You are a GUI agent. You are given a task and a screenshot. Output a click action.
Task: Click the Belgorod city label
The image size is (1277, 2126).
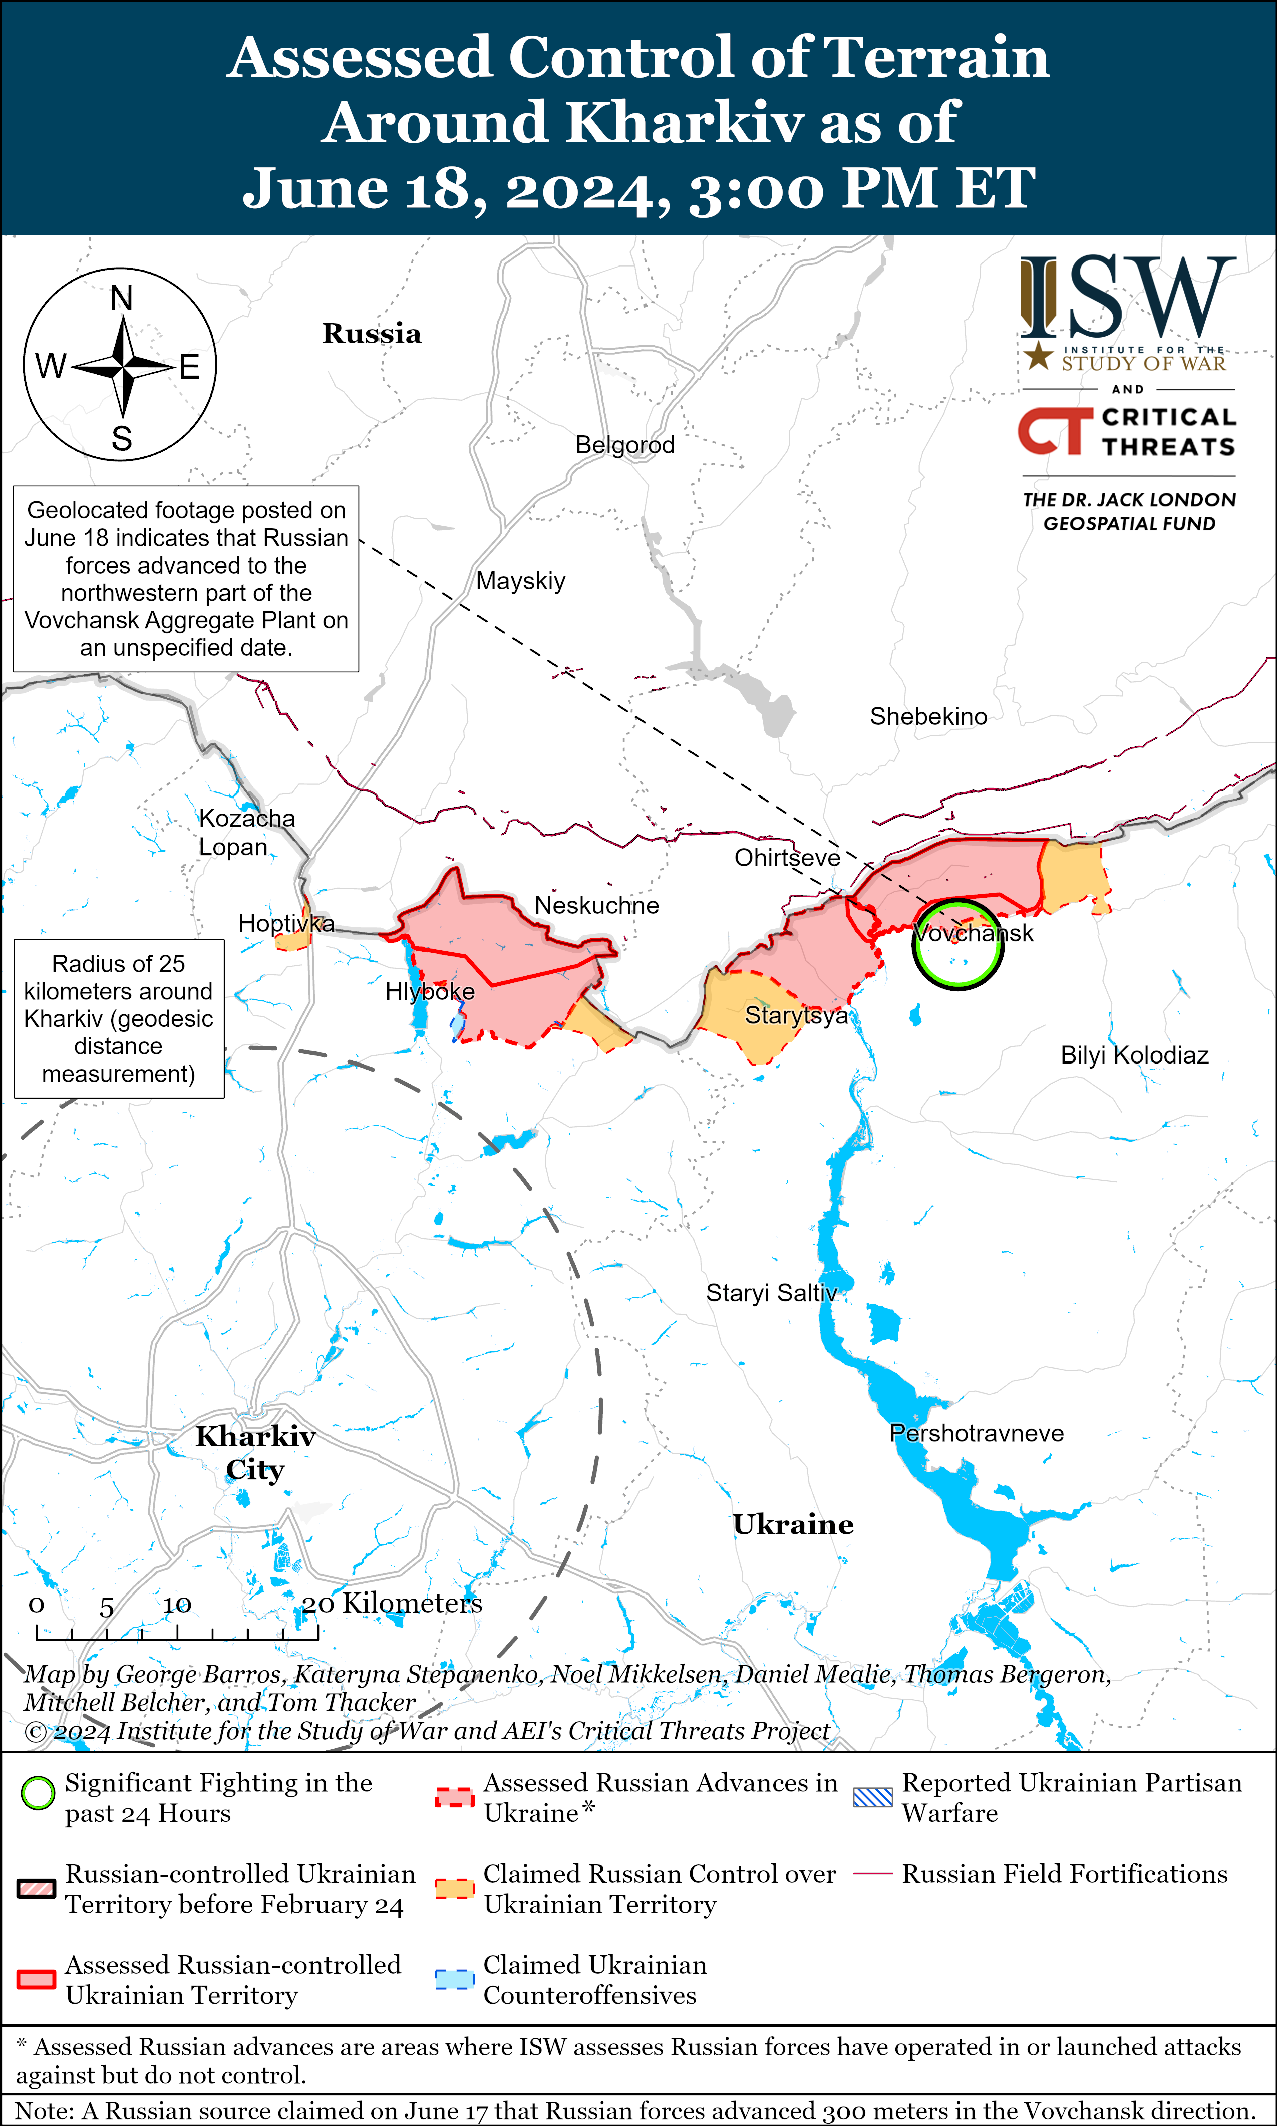[x=625, y=445]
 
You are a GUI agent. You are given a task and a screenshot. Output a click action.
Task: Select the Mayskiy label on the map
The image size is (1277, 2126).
[x=521, y=581]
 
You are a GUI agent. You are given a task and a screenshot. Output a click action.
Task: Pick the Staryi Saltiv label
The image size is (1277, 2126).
[x=771, y=1293]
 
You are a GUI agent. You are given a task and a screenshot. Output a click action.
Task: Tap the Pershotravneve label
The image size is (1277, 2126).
[x=976, y=1433]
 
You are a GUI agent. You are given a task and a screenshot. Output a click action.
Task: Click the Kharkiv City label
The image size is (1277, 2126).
[x=255, y=1453]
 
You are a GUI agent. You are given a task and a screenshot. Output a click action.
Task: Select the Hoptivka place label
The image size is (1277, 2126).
[x=285, y=924]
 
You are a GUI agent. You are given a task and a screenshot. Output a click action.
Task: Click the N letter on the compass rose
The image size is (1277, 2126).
[x=121, y=299]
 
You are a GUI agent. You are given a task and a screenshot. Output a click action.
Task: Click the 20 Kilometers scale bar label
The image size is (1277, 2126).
[x=392, y=1603]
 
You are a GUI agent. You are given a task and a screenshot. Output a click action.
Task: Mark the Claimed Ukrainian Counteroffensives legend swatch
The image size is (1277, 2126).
[x=454, y=1979]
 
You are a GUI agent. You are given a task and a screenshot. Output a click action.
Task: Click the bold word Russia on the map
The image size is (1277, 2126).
[x=372, y=334]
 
